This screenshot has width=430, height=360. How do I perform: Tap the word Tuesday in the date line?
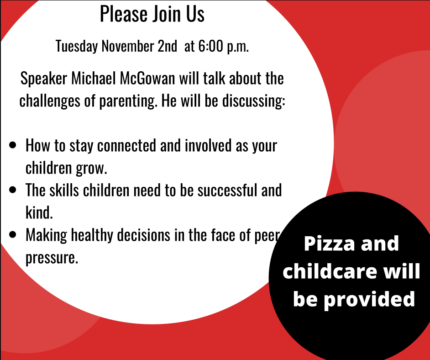(x=77, y=46)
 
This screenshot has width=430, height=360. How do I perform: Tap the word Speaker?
(x=44, y=79)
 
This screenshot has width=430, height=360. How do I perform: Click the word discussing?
(x=254, y=101)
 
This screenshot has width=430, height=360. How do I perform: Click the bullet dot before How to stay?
(x=13, y=145)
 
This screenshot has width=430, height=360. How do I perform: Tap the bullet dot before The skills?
(x=13, y=190)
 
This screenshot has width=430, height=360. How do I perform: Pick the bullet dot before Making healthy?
(x=13, y=234)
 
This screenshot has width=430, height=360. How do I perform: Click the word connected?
(x=126, y=145)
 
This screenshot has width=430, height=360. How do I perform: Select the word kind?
(x=39, y=212)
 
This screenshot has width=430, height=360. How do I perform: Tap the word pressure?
(x=52, y=258)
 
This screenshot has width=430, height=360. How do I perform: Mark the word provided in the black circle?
(x=369, y=300)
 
